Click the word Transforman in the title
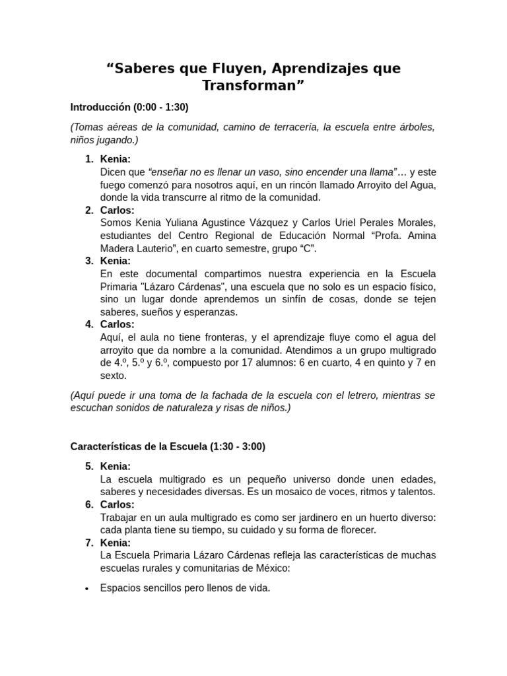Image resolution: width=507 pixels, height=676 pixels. point(253,86)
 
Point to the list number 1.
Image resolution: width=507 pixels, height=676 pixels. point(89,159)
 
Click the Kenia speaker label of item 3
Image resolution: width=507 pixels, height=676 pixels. point(116,261)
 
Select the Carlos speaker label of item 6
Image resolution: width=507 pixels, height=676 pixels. point(117,504)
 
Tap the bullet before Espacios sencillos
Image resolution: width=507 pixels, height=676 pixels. point(87,588)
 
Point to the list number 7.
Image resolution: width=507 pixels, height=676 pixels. point(89,543)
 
